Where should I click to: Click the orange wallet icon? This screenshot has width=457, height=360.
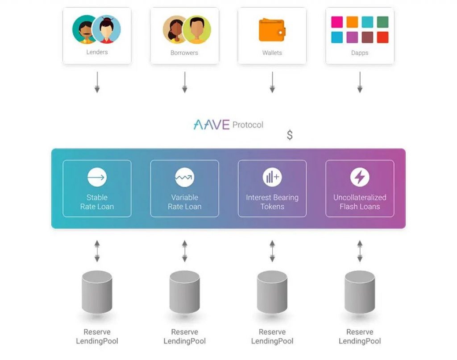(272, 30)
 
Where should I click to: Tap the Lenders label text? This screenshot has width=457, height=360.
(97, 52)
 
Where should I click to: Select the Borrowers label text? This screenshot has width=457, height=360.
(184, 53)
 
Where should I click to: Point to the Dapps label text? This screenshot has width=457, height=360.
(359, 53)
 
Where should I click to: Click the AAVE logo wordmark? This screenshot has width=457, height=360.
(211, 124)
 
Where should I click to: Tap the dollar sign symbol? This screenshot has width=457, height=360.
(290, 135)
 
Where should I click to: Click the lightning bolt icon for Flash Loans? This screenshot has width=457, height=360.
(359, 177)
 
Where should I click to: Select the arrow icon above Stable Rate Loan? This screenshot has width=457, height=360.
(97, 178)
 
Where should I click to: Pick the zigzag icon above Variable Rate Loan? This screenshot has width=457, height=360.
(184, 178)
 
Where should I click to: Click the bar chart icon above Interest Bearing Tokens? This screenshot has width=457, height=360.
(272, 178)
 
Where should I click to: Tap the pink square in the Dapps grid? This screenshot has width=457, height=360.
(337, 22)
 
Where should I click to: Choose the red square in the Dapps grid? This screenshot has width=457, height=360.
(382, 37)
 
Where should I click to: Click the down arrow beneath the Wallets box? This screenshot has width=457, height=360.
(272, 83)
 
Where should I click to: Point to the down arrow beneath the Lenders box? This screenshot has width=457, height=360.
(97, 83)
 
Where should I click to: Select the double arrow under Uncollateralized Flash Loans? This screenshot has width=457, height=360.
(359, 251)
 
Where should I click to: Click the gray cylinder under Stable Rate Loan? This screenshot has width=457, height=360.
(97, 292)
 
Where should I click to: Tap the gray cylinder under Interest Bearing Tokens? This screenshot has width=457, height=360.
(272, 292)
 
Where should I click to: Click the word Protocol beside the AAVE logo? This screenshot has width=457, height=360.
(248, 125)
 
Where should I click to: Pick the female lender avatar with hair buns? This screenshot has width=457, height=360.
(107, 29)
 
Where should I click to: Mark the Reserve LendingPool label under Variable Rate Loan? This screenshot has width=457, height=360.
(184, 336)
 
